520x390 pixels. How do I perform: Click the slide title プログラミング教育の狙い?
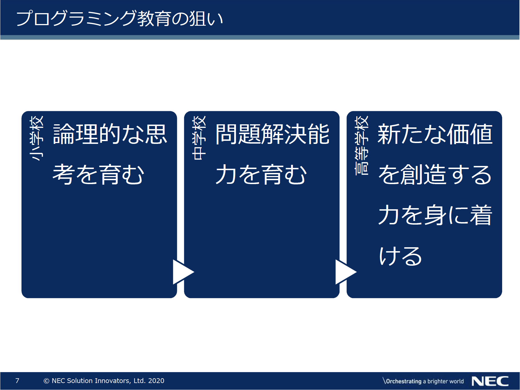(120, 18)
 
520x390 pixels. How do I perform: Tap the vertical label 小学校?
(37, 138)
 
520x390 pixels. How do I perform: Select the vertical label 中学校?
(199, 138)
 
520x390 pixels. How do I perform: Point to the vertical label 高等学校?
(362, 145)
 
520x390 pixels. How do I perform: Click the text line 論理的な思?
(110, 134)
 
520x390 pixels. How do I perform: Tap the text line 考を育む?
(98, 174)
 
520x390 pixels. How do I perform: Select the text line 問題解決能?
(273, 134)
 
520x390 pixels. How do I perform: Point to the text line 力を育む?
(261, 174)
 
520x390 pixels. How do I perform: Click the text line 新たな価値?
(435, 134)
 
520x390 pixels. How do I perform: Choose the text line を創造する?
(435, 174)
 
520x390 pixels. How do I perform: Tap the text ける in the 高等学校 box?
(401, 255)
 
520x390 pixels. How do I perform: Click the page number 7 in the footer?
(17, 381)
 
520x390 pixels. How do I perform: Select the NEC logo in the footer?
(490, 381)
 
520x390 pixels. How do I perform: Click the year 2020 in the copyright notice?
(156, 381)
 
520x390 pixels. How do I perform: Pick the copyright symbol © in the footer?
(46, 381)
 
